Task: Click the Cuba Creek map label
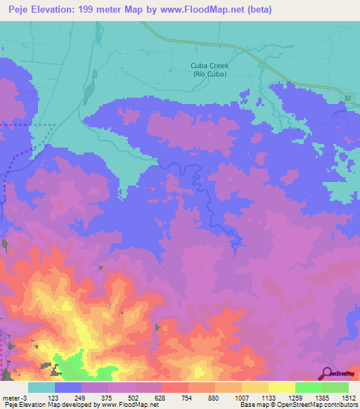click(210, 66)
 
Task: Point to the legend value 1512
click(348, 397)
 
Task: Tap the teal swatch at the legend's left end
click(41, 387)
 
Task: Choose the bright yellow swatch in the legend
click(281, 387)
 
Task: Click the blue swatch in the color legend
click(67, 387)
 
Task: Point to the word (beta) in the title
click(257, 10)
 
